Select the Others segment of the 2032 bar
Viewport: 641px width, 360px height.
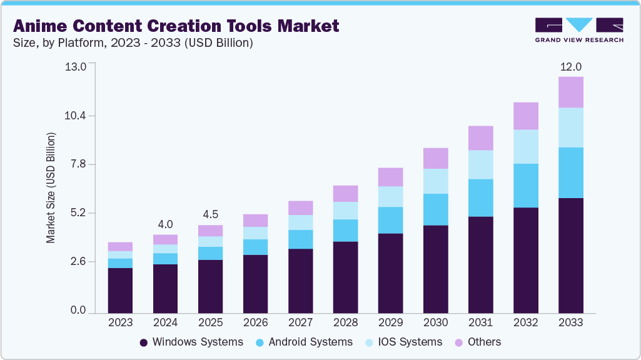click(526, 116)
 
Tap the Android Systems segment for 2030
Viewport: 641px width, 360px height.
click(435, 209)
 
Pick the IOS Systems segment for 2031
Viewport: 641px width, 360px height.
click(481, 164)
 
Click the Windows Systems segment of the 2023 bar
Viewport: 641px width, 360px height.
click(120, 290)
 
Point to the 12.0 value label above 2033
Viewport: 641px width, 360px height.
click(570, 67)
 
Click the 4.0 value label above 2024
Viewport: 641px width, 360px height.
click(165, 224)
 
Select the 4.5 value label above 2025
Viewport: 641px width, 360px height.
click(210, 214)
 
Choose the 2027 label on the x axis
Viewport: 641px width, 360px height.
click(300, 322)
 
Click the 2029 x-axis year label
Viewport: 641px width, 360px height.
click(390, 322)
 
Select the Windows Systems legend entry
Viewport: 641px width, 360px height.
click(191, 342)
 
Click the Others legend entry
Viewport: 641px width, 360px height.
click(479, 342)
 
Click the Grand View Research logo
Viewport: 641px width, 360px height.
click(579, 30)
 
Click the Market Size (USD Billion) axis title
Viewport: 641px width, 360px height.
click(51, 187)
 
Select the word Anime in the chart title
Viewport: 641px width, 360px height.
click(41, 26)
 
